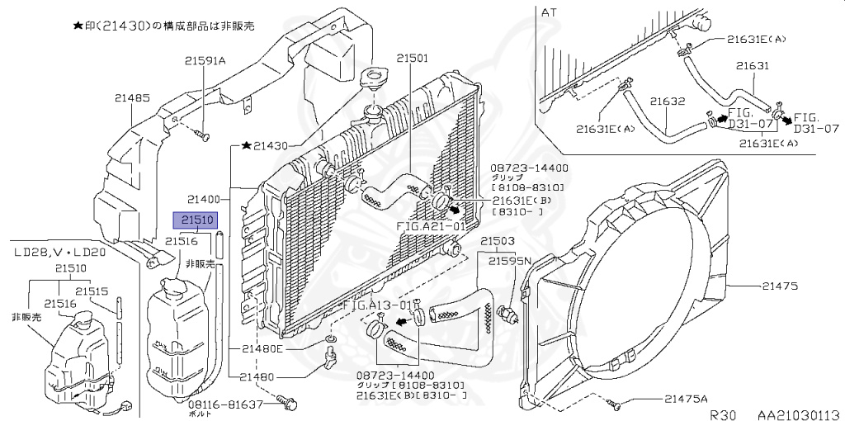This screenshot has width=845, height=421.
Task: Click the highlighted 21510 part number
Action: coord(193,220)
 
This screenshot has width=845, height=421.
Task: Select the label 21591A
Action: coord(205,59)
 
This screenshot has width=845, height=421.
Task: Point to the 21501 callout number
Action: coord(412,59)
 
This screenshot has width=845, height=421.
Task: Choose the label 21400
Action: coord(203,199)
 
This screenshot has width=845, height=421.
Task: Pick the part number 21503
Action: coord(498,241)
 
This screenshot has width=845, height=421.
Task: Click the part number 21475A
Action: coord(690,400)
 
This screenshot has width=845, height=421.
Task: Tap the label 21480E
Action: coord(262,348)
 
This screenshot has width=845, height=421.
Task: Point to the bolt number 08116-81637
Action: coord(225,404)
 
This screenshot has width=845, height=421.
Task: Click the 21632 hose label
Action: coord(668,101)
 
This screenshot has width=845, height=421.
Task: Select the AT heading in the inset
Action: coord(550,12)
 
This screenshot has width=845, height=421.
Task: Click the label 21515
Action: coord(92,291)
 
